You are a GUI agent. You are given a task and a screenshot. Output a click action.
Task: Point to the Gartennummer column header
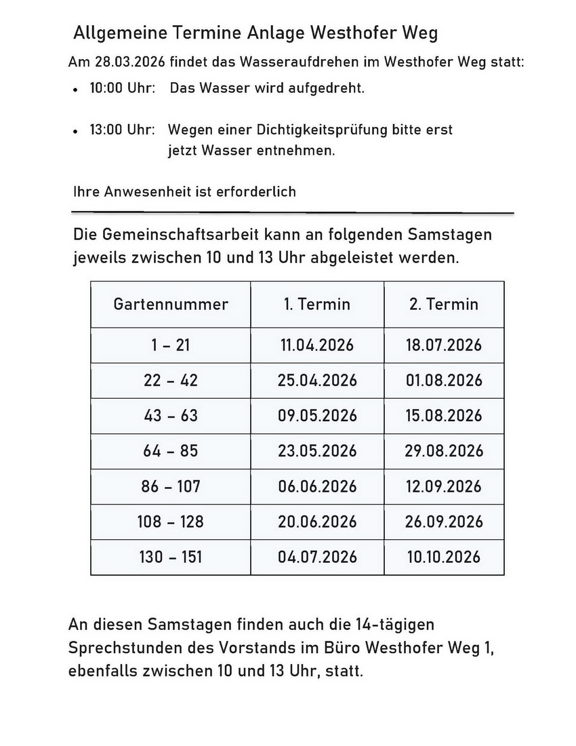[171, 304]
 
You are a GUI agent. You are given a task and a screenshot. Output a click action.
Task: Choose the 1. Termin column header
[317, 304]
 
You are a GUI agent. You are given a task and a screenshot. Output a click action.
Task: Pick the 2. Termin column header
[444, 304]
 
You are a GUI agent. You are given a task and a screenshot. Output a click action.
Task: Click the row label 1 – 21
[171, 345]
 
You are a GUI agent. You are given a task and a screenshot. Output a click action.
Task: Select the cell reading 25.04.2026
[317, 380]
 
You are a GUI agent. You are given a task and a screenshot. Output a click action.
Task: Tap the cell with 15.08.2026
[444, 416]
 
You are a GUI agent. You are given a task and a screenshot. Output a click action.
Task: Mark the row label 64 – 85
[171, 451]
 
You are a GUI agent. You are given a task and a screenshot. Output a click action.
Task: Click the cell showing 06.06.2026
[317, 486]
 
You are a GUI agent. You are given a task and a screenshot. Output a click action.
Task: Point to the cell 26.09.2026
[444, 522]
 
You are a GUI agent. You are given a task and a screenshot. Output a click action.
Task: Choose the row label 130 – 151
[171, 557]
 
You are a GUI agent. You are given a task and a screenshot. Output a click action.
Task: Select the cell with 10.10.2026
[444, 557]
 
